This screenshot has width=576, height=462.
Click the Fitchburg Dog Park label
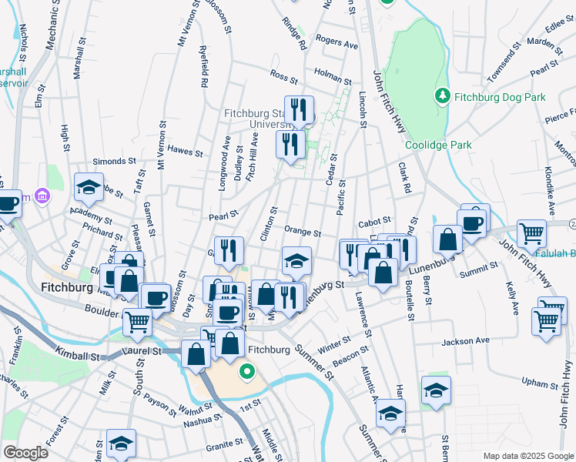[499, 97]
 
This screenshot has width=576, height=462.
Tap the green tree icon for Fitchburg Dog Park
[442, 96]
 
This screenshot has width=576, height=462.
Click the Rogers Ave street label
[337, 45]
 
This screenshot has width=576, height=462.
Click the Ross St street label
[283, 75]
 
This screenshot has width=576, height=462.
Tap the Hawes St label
[184, 150]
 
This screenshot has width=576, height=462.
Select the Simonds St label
[114, 161]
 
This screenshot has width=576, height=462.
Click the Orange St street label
[302, 232]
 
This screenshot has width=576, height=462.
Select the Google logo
[25, 453]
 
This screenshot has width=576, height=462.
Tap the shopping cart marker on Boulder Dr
[137, 321]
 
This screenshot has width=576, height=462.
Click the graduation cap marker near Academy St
[89, 187]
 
